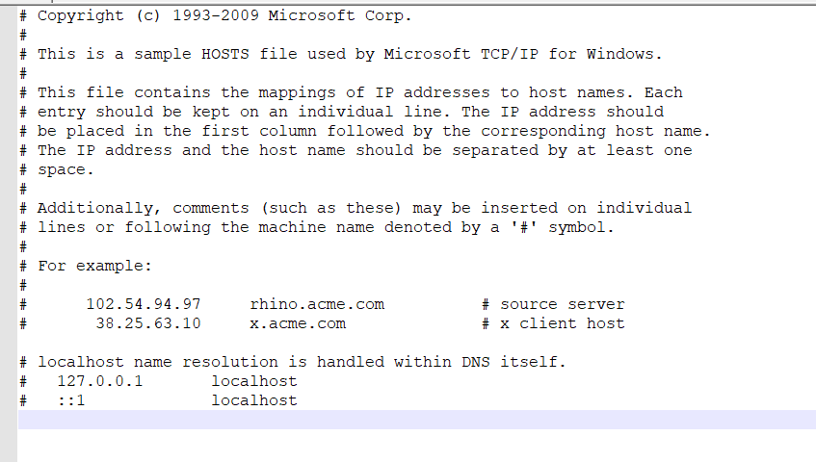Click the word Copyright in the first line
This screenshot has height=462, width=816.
coord(81,15)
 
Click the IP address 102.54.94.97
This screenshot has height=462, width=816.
coord(144,304)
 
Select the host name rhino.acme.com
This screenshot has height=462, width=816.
coord(317,304)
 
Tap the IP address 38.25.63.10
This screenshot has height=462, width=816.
coord(148,323)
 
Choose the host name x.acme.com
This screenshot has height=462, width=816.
coord(298,323)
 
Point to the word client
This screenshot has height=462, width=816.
coord(548,323)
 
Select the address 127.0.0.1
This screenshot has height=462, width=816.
coord(100,381)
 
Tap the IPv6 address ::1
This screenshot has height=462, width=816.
coord(71,400)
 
